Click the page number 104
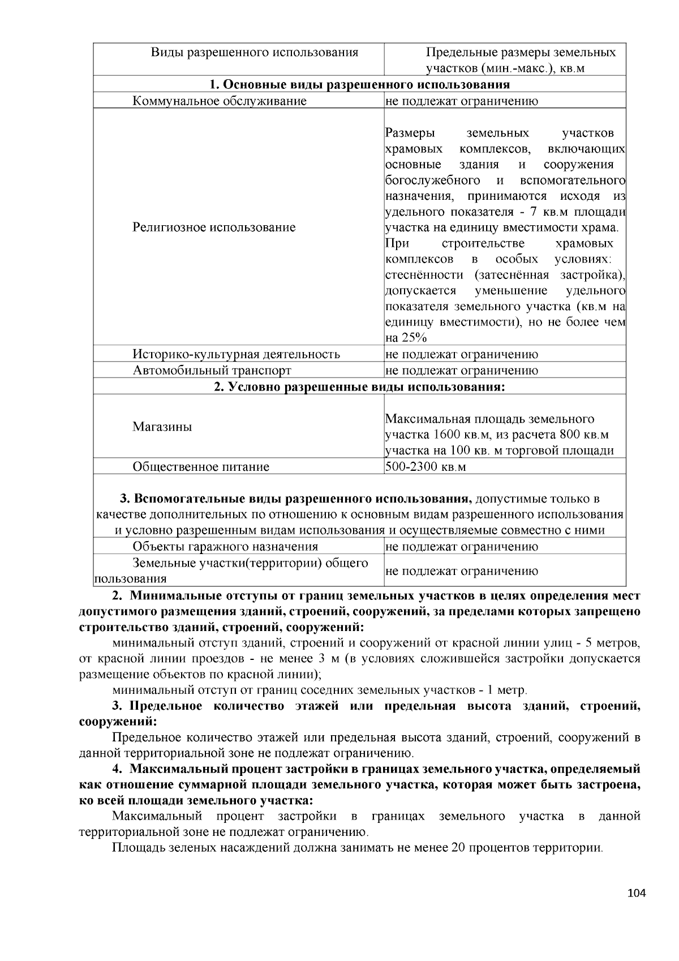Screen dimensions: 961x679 pos(636,893)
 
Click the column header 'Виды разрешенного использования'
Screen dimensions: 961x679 pos(254,53)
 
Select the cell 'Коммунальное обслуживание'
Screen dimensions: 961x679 pos(220,101)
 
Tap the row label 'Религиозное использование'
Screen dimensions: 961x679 pos(214,228)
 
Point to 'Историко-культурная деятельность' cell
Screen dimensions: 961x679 pos(236,354)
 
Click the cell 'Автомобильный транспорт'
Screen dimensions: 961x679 pos(212,371)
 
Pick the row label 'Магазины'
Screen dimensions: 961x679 pos(162,427)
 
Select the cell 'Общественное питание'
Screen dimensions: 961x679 pos(201,467)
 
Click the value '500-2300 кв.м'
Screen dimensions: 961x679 pos(424,467)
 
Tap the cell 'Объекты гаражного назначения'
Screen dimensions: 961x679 pos(225,547)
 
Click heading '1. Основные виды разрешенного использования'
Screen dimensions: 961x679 pos(359,85)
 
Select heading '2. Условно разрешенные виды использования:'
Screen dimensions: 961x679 pos(359,387)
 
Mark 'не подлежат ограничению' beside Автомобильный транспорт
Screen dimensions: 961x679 pos(461,371)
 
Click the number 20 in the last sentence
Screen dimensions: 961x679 pos(458,848)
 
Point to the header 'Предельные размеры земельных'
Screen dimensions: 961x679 pos(521,53)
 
